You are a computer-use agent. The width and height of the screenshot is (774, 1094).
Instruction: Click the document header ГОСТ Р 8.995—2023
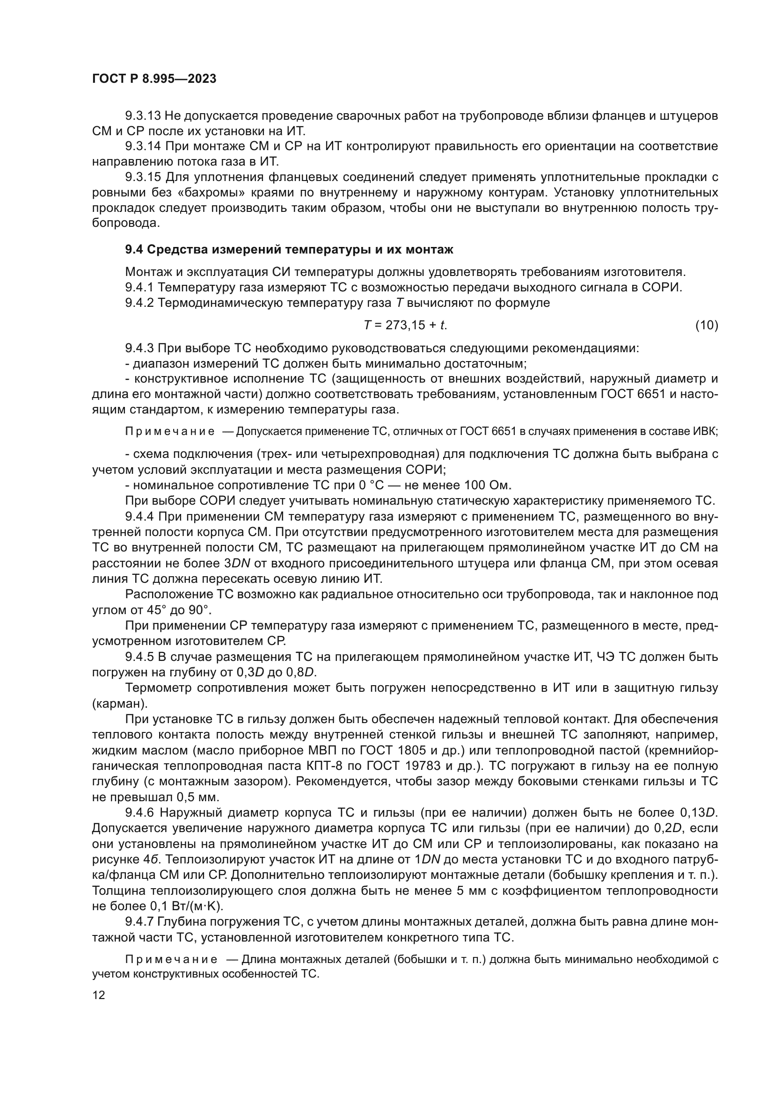coord(154,79)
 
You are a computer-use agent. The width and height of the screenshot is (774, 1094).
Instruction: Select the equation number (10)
coord(706,326)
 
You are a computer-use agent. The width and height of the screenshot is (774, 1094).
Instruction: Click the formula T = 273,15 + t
coord(405,326)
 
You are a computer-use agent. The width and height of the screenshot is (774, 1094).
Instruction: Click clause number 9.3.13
coord(144,116)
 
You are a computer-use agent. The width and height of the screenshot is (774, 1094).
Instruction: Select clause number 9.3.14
coord(144,146)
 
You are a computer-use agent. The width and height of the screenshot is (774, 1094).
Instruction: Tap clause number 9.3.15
coord(144,177)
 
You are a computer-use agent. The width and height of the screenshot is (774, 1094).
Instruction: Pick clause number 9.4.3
coord(139,348)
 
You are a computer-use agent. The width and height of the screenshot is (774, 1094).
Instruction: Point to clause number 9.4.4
coord(139,516)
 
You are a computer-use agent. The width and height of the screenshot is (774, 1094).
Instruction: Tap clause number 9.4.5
coord(139,657)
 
